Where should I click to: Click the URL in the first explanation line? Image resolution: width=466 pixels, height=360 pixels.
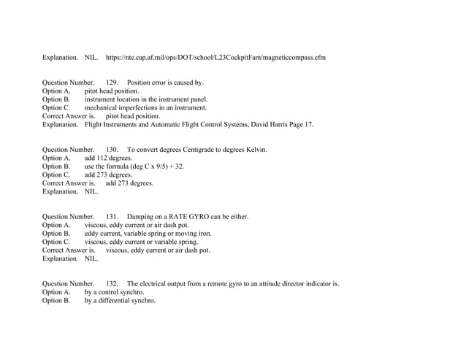coord(215,56)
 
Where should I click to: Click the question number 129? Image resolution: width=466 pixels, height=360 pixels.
coord(112,83)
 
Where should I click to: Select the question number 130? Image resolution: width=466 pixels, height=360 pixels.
coord(112,150)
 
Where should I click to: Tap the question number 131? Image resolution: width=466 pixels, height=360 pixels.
coord(112,216)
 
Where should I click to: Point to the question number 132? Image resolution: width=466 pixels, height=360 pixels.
coord(112,283)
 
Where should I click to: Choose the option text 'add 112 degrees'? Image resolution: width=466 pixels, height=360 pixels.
coord(108,158)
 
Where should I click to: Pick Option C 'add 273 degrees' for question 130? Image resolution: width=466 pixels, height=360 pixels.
coord(108,175)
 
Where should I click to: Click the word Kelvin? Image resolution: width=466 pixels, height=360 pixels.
coord(254,150)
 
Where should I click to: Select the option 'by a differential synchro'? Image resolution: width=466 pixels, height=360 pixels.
coord(120,300)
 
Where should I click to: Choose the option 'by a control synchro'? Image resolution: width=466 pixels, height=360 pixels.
coord(114,291)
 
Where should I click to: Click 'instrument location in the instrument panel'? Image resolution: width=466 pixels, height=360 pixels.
coord(146,99)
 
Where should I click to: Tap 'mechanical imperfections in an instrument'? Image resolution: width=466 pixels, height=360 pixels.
coord(145,107)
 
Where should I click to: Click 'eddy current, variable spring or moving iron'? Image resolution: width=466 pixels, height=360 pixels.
coord(148,233)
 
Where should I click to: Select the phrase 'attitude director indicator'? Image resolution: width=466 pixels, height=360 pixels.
coord(297,283)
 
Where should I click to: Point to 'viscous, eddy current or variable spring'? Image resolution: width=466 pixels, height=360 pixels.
coord(141,241)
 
